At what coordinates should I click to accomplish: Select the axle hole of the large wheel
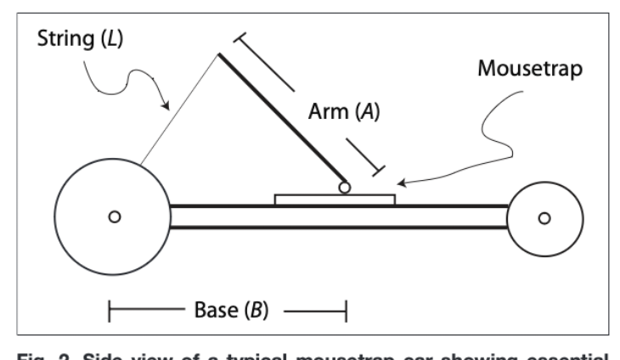[114, 217]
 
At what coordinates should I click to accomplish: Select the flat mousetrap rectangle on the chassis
[335, 200]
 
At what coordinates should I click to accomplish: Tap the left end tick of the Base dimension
[110, 311]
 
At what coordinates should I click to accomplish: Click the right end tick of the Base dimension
[345, 311]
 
